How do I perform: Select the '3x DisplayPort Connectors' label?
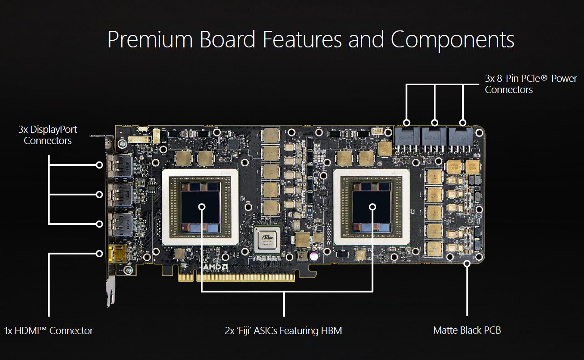point(47,135)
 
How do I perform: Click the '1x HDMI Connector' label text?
point(49,331)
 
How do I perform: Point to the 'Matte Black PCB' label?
point(467,330)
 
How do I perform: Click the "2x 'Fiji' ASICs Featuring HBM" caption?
point(283,331)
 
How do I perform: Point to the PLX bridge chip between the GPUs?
point(267,238)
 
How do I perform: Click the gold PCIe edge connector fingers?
point(237,278)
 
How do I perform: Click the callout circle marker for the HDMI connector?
point(99,254)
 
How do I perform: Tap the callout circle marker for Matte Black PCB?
point(467,263)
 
